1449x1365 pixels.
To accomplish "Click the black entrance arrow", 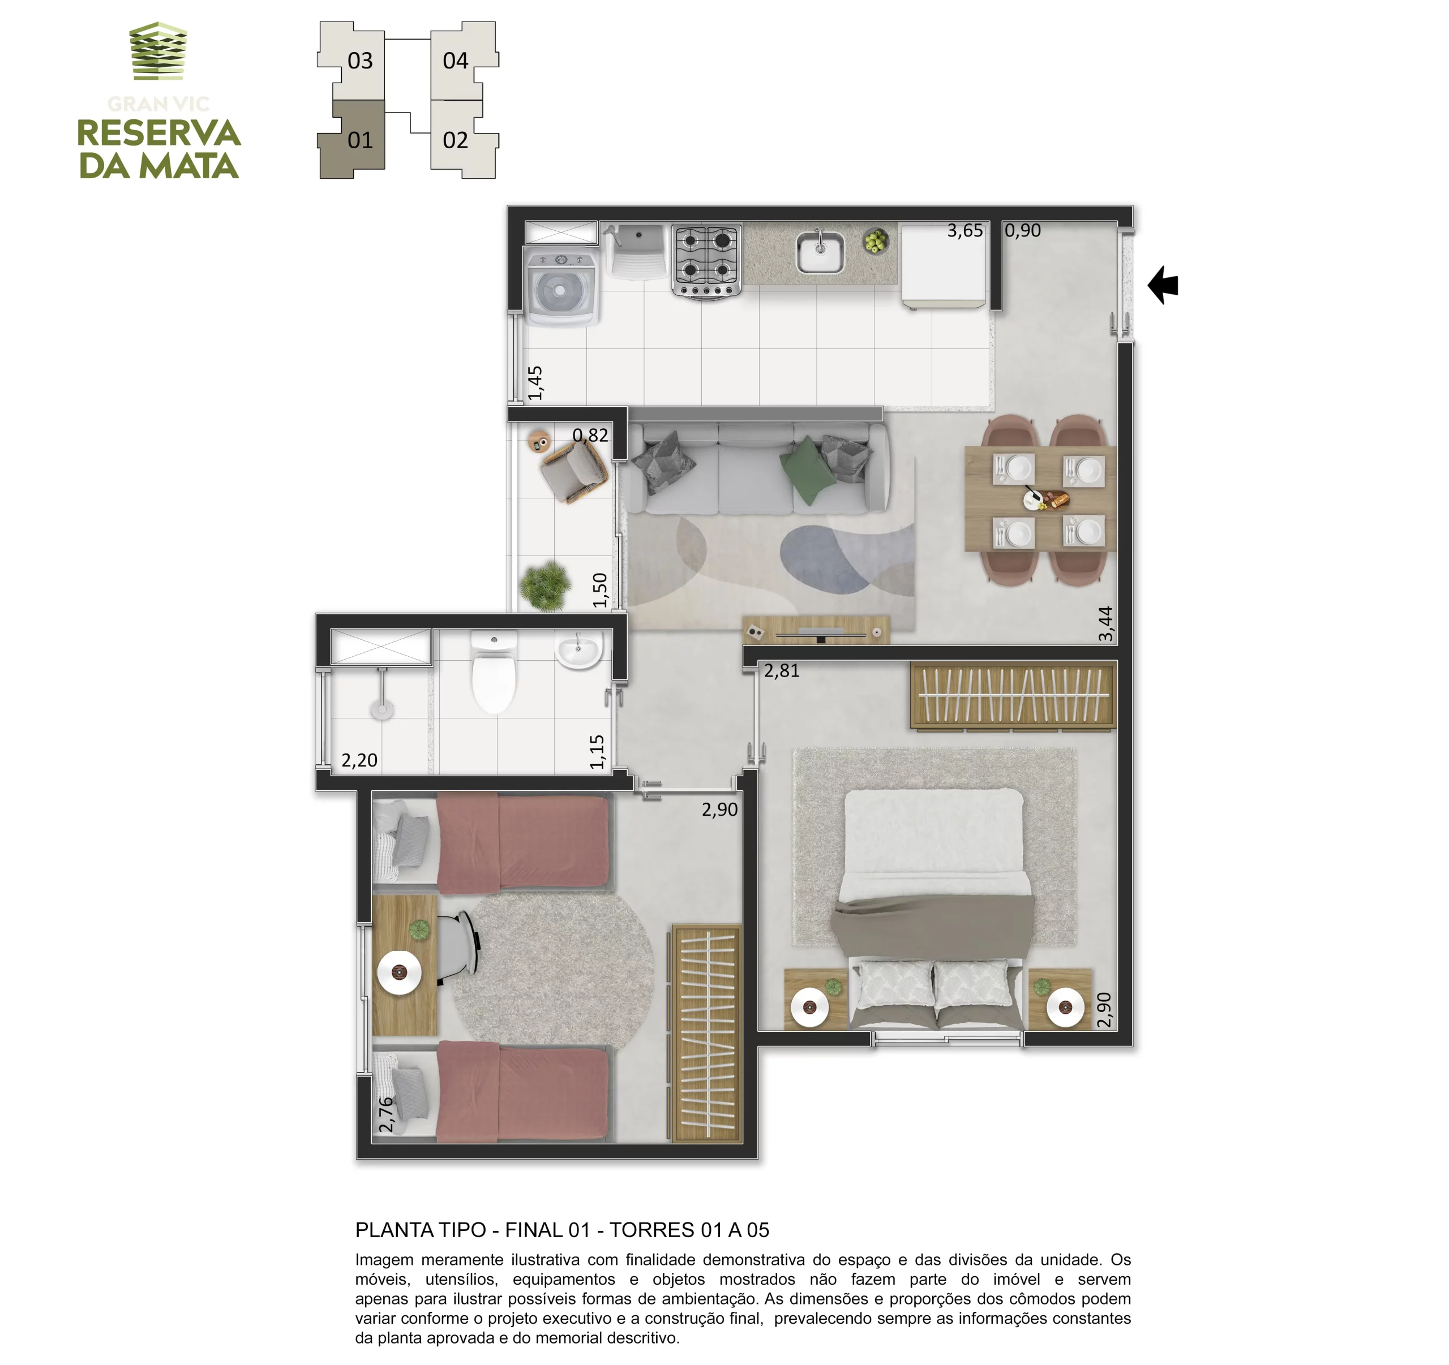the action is pos(1163,285).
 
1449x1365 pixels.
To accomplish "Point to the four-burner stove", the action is pos(706,261).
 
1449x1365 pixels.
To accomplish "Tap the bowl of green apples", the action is pos(876,240).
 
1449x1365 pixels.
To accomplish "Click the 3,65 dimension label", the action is pos(965,231).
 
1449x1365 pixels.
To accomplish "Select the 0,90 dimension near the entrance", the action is pos(1023,231).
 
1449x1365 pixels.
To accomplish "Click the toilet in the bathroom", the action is pos(494,671).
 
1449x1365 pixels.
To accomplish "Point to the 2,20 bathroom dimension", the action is pos(359,760).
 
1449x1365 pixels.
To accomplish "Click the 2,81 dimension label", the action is pos(782,671).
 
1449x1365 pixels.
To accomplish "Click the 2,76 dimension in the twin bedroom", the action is pos(385,1114).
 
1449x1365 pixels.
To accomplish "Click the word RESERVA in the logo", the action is pos(159,134).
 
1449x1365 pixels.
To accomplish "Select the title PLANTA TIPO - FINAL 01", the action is pos(472,1230).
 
